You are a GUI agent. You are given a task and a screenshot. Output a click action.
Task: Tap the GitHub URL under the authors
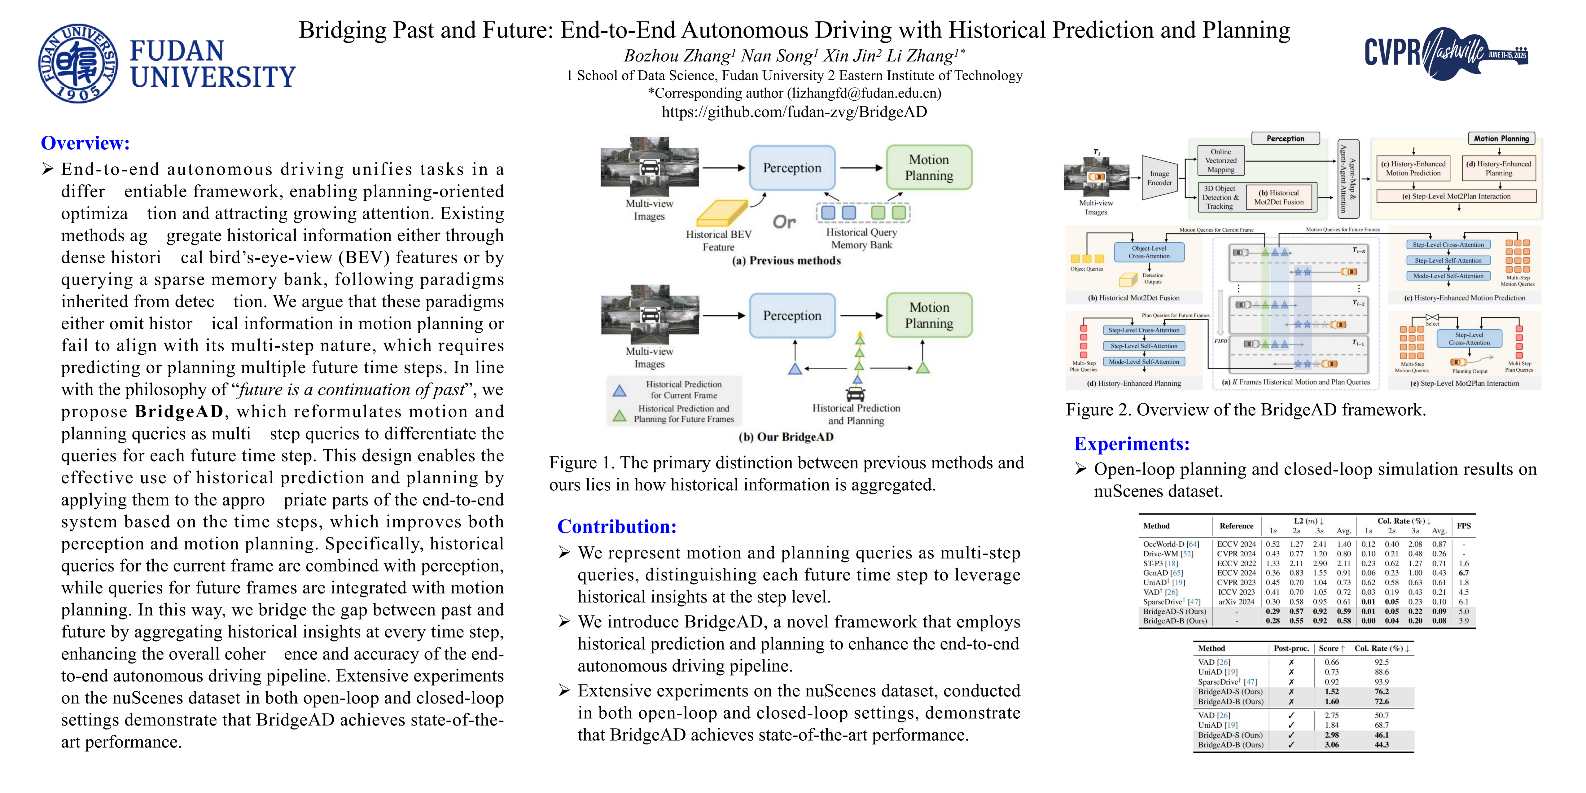[x=794, y=112]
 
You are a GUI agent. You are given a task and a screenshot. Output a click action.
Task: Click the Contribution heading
[x=617, y=526]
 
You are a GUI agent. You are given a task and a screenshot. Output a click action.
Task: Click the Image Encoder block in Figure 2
[x=1159, y=178]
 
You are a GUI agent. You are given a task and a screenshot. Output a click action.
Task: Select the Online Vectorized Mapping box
[x=1221, y=161]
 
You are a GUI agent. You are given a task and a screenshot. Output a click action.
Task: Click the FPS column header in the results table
[x=1463, y=526]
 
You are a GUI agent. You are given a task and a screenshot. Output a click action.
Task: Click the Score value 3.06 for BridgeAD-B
[x=1332, y=744]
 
